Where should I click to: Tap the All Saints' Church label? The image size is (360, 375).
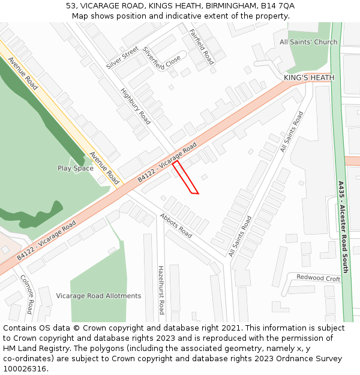tap(308, 42)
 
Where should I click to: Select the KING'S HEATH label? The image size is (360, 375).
tap(309, 78)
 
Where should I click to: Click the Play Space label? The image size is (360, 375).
tap(76, 169)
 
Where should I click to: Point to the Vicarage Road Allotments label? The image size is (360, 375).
tap(98, 296)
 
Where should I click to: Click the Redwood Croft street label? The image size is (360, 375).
tap(319, 278)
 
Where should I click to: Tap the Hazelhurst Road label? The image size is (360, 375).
tap(161, 290)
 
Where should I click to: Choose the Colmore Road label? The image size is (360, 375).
tap(26, 294)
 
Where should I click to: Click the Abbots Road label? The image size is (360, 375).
tap(176, 225)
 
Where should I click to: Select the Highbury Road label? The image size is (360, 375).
tap(136, 103)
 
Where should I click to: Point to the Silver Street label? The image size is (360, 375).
tap(122, 58)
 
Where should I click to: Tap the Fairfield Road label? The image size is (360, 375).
tap(202, 46)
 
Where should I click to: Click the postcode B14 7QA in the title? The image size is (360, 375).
tap(277, 6)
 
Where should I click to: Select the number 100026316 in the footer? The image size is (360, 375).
tap(25, 368)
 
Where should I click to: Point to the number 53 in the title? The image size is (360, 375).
tap(71, 6)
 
